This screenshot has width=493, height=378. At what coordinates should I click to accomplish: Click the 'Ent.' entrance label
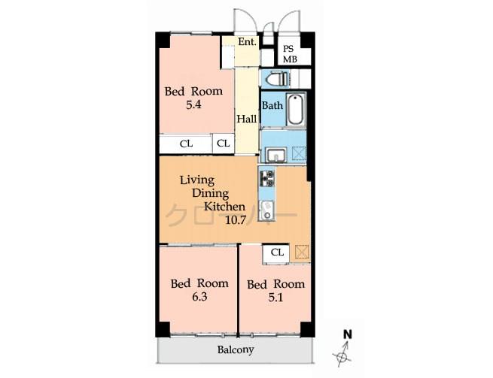pos(247,42)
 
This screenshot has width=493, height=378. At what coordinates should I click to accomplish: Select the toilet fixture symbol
pos(275,77)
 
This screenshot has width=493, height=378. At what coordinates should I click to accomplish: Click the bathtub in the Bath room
pos(295,110)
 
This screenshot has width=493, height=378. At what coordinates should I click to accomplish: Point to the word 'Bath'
pos(272,106)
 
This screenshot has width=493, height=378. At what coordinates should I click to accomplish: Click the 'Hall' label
pos(247,119)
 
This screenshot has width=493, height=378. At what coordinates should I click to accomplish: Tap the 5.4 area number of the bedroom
pos(193,105)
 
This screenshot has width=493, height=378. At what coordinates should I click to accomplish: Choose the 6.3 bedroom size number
pos(199,297)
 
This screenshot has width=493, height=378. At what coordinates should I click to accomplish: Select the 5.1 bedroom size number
pos(275,297)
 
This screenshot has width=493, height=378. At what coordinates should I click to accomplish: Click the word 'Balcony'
pos(236,350)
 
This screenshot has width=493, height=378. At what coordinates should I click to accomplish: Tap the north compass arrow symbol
pos(343,351)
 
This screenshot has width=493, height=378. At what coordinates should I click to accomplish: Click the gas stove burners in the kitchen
pos(267,178)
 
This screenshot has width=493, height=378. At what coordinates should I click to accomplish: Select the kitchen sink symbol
pos(266,210)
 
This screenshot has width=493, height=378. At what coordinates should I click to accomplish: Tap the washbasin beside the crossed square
pos(274,156)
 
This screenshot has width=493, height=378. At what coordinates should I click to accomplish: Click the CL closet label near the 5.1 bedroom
pos(277,253)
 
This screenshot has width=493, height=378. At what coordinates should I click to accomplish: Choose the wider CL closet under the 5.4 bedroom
pos(186,144)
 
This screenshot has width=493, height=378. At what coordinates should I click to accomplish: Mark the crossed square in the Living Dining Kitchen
pos(302,252)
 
